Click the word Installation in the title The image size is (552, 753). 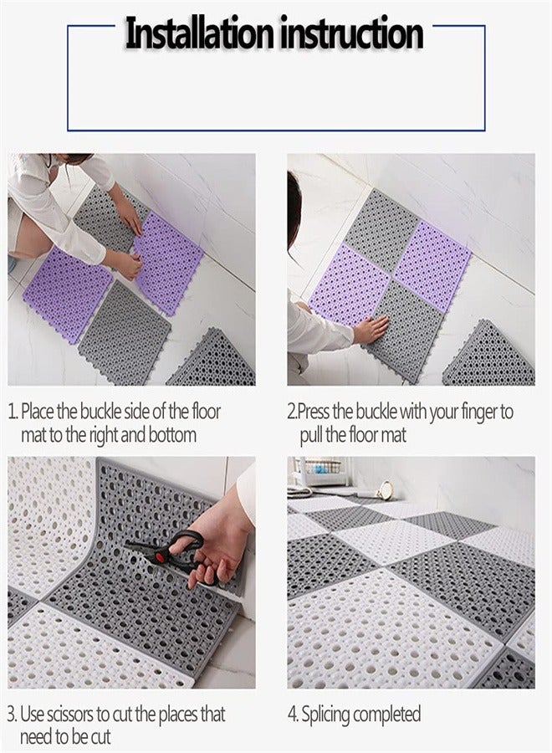pyautogui.click(x=199, y=34)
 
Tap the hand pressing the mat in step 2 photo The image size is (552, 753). pyautogui.click(x=369, y=330)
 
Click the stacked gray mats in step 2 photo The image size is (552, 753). pyautogui.click(x=490, y=356)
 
